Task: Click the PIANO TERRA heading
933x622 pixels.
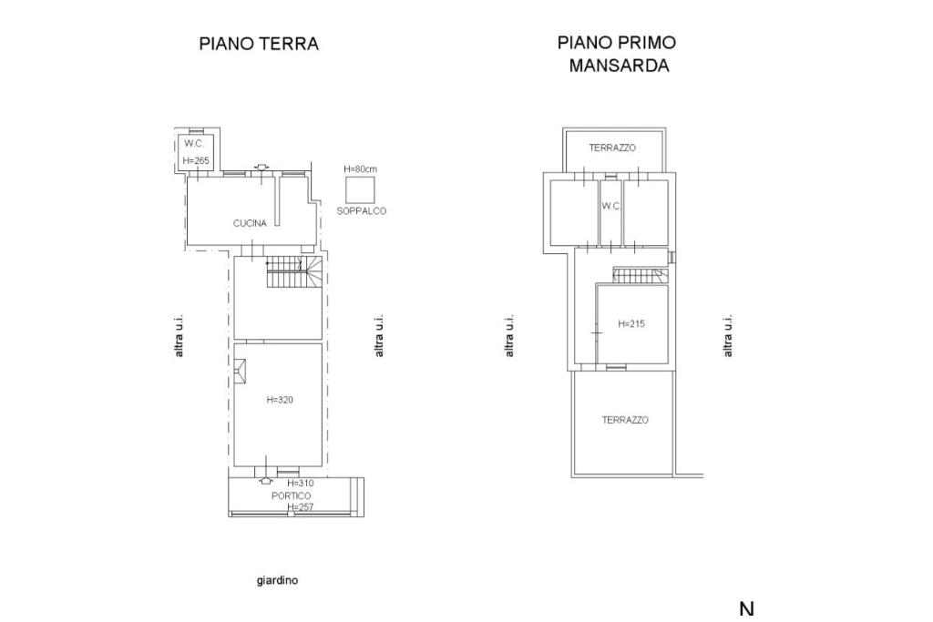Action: (259, 44)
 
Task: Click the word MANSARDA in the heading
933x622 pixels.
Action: (619, 66)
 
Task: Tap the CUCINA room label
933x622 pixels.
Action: (250, 224)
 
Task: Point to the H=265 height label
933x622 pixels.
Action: (196, 160)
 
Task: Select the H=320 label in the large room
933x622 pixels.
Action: (280, 400)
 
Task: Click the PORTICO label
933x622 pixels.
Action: (291, 496)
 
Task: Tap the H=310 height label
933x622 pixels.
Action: (301, 484)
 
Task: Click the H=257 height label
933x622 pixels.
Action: (301, 507)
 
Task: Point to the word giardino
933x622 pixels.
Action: (277, 580)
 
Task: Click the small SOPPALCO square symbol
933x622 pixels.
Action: (361, 189)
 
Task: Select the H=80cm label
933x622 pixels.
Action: (361, 169)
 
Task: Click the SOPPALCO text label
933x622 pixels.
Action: (361, 211)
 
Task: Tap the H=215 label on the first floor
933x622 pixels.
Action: (631, 324)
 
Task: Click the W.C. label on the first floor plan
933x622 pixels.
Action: (610, 207)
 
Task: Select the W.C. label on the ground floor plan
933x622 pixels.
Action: (194, 143)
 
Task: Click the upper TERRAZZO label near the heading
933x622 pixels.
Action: (612, 148)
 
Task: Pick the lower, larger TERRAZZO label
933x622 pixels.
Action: (625, 420)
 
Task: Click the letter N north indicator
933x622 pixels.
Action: (747, 609)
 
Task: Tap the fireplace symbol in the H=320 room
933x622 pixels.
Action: (240, 372)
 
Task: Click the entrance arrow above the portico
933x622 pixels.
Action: (266, 479)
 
